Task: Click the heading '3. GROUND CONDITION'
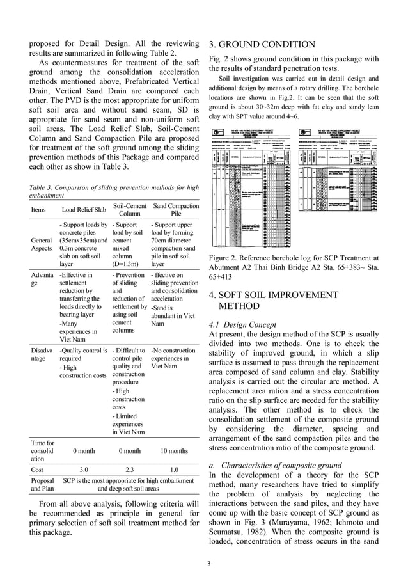coord(262,44)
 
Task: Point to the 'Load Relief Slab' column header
coord(83,210)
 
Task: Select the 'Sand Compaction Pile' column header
coord(177,209)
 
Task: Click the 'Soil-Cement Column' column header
coord(129,209)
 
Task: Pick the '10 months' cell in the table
coord(175,450)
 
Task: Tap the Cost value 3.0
coord(83,469)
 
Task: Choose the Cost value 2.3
coord(129,469)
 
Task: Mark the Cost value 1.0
coord(175,469)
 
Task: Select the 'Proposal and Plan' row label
coord(42,484)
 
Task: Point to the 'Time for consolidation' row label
coord(40,450)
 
